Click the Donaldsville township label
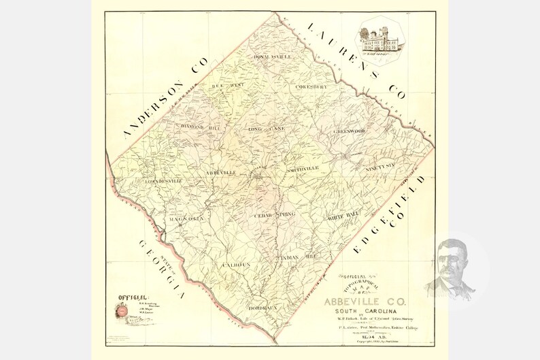pyautogui.click(x=272, y=56)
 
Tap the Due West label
pyautogui.click(x=227, y=86)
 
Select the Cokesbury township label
pyautogui.click(x=311, y=87)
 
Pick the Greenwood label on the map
pyautogui.click(x=350, y=130)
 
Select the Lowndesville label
pyautogui.click(x=163, y=181)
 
